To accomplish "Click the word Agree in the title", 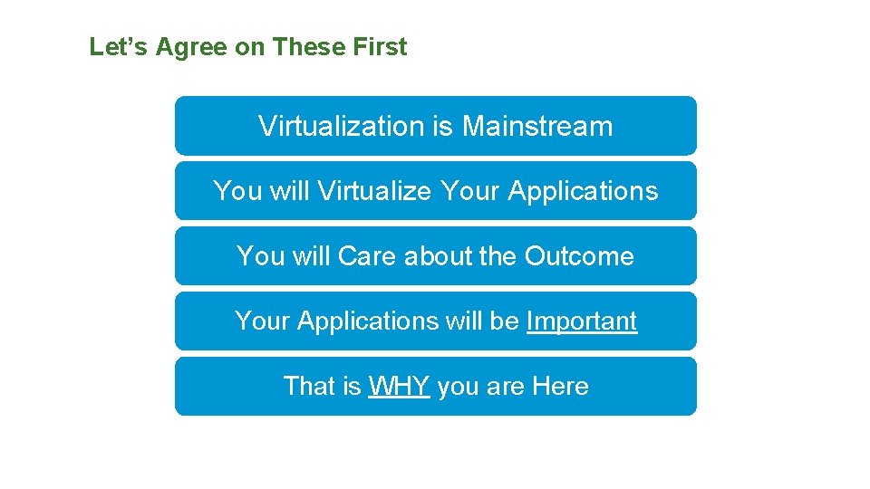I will tap(191, 47).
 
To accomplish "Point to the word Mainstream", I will tap(537, 126).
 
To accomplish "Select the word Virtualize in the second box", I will tap(375, 191).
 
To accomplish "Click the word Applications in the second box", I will tap(583, 191).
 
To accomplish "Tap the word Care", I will tap(367, 256).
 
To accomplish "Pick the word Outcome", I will tap(579, 256).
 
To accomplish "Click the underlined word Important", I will tap(582, 321).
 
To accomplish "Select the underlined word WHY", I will tap(399, 387).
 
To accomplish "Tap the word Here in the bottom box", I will tap(560, 387).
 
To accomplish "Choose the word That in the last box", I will tap(309, 387).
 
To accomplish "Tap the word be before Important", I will tap(507, 321).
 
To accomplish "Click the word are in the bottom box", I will tap(505, 387).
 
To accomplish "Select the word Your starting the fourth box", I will tap(263, 321).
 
